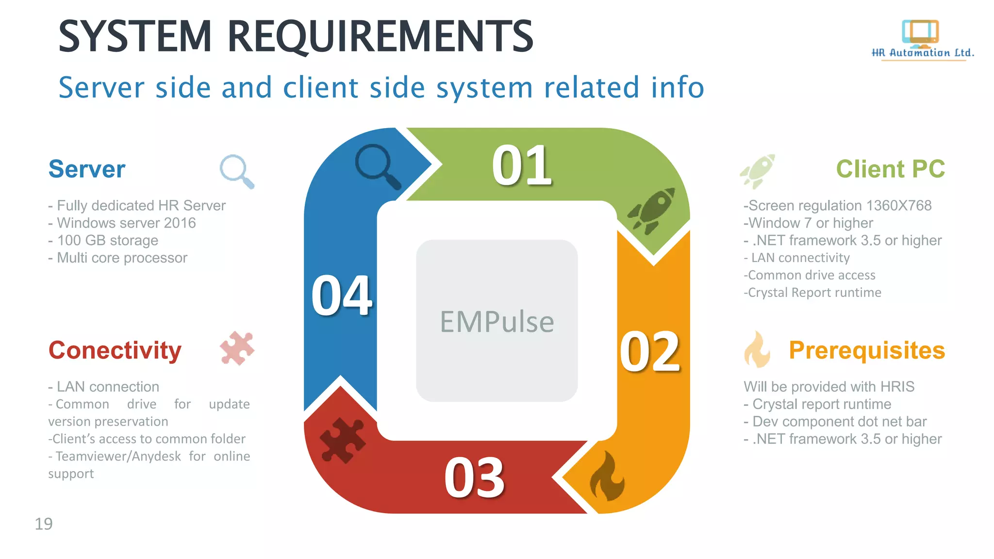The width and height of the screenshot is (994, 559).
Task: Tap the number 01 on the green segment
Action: click(522, 165)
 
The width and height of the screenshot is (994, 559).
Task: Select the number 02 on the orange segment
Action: click(650, 352)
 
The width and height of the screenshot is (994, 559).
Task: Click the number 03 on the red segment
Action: click(474, 478)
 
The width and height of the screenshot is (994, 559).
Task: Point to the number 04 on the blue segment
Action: click(342, 295)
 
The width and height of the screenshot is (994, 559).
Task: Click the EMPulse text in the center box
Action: click(497, 322)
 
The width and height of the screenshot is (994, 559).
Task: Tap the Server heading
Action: click(87, 169)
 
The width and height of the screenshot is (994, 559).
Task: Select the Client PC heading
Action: click(890, 169)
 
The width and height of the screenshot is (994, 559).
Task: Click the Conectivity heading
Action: click(115, 350)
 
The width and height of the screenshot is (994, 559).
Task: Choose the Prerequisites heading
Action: click(867, 350)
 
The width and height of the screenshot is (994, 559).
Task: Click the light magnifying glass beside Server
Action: click(237, 171)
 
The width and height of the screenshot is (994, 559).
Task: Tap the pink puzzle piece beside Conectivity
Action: click(237, 348)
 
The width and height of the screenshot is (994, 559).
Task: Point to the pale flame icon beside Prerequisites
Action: click(757, 350)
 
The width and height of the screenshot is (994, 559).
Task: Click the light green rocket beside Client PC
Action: click(758, 171)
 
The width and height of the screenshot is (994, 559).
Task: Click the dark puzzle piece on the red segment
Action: click(343, 440)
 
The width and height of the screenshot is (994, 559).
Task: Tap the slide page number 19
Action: click(44, 524)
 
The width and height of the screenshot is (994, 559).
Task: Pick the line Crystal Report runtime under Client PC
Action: click(813, 293)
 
